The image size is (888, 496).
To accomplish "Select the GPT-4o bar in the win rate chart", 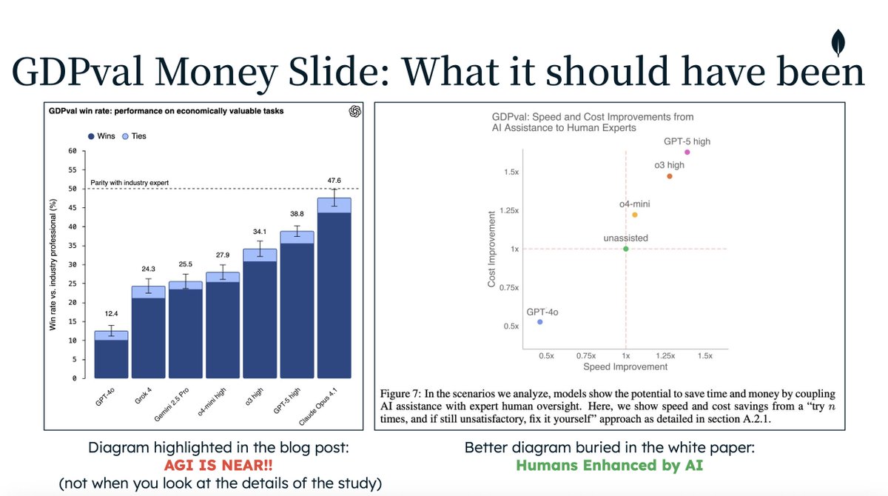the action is tap(110, 355).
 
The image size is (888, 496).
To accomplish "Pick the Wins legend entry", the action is tap(101, 136).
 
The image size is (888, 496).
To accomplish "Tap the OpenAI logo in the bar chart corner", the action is tap(354, 111).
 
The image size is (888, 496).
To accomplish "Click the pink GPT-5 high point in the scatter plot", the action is tap(687, 152).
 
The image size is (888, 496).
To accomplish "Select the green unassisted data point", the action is tap(625, 249).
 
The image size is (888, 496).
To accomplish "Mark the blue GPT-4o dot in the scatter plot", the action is tap(540, 322).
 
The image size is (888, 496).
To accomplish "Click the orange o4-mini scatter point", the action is tap(634, 215).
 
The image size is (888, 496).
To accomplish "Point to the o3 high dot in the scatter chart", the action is tap(669, 176).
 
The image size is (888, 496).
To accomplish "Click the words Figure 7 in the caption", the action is tap(402, 392).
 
